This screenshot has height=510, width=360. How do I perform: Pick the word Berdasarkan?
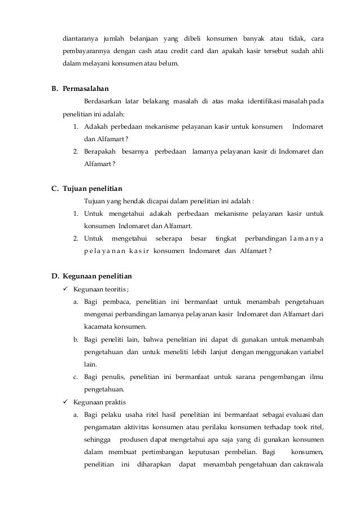coord(104,101)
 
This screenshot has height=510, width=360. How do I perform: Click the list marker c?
coord(76,377)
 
